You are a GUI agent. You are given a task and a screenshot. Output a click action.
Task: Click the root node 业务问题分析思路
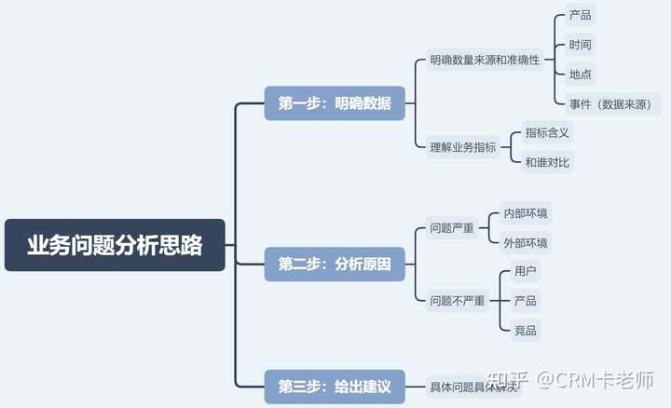115,245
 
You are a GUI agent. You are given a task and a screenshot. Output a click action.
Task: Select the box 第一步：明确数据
335,102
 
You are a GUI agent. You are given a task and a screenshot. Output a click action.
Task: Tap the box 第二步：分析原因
335,265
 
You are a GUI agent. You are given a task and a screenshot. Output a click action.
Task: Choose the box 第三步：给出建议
335,386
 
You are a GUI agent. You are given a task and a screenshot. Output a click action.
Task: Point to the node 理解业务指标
464,146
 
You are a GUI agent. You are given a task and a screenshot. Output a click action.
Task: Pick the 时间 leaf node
580,44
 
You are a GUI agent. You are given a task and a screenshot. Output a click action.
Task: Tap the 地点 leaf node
580,74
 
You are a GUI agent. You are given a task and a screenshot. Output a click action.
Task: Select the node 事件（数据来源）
615,103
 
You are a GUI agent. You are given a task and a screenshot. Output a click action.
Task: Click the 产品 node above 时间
580,15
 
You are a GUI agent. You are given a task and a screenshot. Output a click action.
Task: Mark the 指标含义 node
547,132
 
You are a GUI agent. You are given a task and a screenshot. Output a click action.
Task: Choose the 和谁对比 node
547,162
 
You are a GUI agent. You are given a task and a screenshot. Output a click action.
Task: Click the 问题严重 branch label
451,228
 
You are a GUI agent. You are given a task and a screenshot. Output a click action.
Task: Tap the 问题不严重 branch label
458,301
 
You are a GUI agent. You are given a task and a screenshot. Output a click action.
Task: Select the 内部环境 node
526,213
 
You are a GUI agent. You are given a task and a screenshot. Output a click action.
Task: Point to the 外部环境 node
526,243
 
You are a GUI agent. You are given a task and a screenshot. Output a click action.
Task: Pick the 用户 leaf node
526,271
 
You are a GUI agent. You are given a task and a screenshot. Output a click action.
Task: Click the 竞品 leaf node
526,330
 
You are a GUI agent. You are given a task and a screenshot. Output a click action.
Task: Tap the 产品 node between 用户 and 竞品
526,301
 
